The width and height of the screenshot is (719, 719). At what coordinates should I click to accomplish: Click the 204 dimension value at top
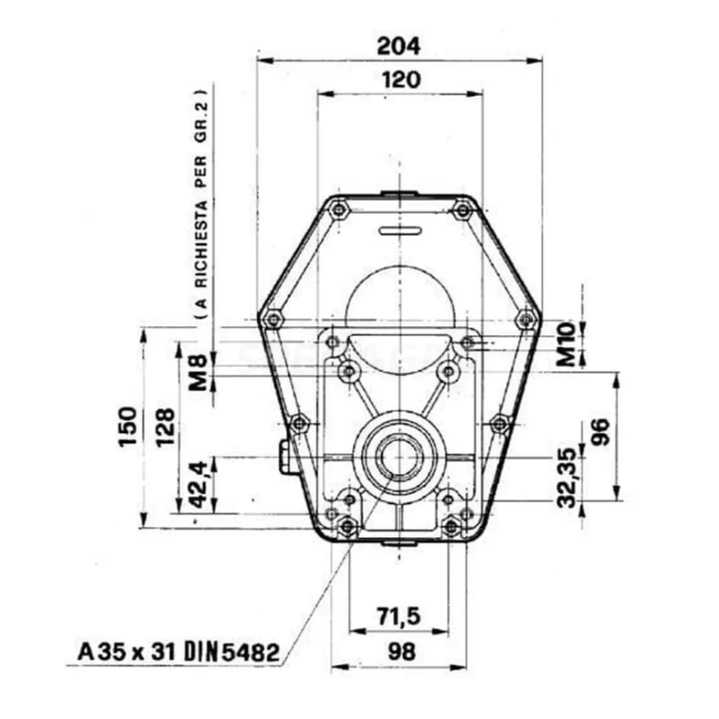click(x=400, y=43)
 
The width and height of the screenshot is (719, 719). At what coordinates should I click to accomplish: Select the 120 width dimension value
click(x=400, y=79)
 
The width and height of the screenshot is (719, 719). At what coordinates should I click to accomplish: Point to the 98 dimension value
click(x=399, y=652)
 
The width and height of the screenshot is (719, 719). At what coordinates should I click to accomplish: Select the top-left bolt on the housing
click(x=339, y=209)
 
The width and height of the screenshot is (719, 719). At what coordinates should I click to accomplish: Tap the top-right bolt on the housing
click(x=462, y=209)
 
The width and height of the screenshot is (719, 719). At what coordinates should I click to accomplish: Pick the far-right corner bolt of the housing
click(x=527, y=318)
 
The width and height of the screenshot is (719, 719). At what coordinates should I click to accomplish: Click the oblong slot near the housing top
click(x=400, y=230)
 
